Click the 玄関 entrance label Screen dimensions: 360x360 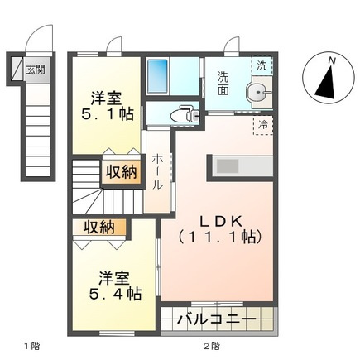pyautogui.click(x=36, y=70)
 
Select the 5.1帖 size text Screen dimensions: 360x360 pyautogui.click(x=108, y=113)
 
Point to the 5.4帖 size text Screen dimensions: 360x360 pyautogui.click(x=115, y=294)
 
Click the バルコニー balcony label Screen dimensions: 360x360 pyautogui.click(x=217, y=319)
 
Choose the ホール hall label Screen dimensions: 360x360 pyautogui.click(x=156, y=171)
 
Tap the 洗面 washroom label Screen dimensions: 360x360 pyautogui.click(x=223, y=84)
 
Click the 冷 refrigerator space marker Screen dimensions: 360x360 pyautogui.click(x=263, y=125)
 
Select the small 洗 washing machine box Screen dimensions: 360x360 pyautogui.click(x=262, y=65)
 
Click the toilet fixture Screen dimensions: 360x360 pyautogui.click(x=185, y=114)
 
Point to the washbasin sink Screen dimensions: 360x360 pyautogui.click(x=258, y=92)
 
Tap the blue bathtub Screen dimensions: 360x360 pyautogui.click(x=157, y=76)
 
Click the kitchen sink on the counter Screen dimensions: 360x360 pyautogui.click(x=227, y=166)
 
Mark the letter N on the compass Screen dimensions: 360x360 pyautogui.click(x=333, y=60)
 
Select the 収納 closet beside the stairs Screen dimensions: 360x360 pyautogui.click(x=122, y=173)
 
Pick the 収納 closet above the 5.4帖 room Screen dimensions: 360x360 pyautogui.click(x=99, y=228)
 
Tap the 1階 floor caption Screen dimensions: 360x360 pyautogui.click(x=31, y=346)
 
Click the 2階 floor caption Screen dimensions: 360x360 pyautogui.click(x=212, y=346)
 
